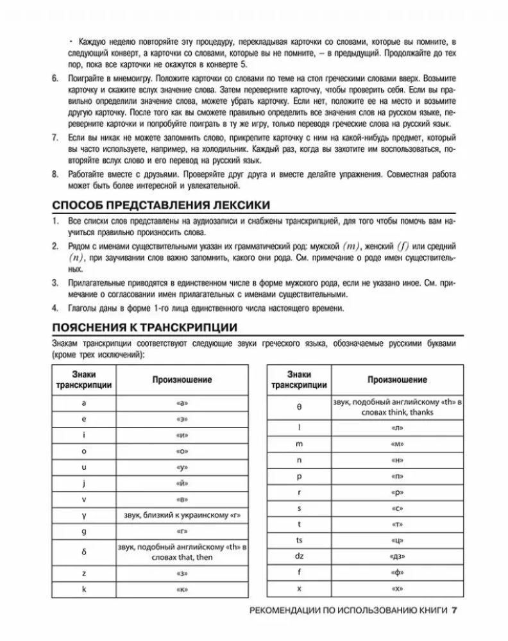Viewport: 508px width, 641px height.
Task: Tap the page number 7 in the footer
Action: [454, 611]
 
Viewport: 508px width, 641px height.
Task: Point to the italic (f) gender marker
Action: [402, 246]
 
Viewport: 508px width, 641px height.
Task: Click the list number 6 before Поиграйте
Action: [55, 78]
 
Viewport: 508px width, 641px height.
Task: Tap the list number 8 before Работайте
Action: [55, 174]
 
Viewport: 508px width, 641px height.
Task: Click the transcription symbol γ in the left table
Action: [84, 515]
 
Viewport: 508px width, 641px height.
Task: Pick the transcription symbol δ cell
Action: [84, 551]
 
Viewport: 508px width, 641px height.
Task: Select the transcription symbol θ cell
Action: [299, 406]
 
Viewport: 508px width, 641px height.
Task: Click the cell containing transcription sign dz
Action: [299, 556]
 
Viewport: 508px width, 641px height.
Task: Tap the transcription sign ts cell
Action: [299, 540]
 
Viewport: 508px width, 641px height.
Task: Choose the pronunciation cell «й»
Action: [182, 483]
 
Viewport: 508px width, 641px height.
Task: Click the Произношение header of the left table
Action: [182, 379]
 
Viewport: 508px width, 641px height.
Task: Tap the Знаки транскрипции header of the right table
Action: [299, 379]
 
